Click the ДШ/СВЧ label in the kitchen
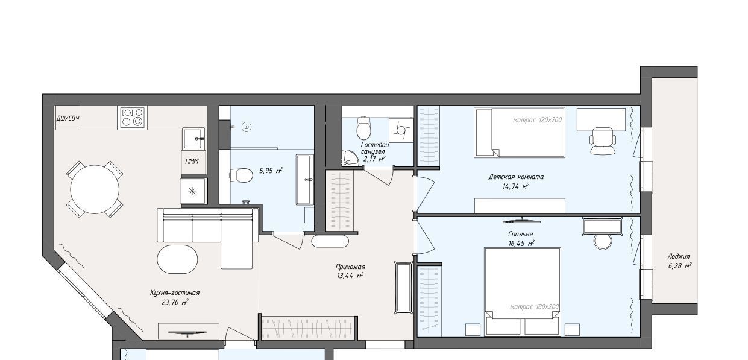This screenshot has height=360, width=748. (x=68, y=118)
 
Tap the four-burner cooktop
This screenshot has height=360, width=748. (x=132, y=117)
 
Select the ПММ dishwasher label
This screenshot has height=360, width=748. (x=192, y=162)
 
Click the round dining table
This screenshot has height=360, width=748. (x=95, y=189)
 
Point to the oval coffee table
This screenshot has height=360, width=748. (x=177, y=259)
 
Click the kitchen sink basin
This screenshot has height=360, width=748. (x=193, y=139)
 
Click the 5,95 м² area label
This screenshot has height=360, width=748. (x=271, y=171)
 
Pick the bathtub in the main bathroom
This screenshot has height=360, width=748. (x=304, y=180)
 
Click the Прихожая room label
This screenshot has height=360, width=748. (x=350, y=267)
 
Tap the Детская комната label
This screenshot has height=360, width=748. (x=516, y=177)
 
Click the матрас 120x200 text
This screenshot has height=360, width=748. (x=537, y=120)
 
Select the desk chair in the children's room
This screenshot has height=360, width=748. (x=603, y=141)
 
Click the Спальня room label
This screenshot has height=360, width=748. (x=521, y=234)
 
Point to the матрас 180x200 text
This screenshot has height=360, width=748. (x=534, y=306)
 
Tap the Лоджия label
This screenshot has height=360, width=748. (x=679, y=256)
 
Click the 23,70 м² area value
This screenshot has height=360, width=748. (x=175, y=302)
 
